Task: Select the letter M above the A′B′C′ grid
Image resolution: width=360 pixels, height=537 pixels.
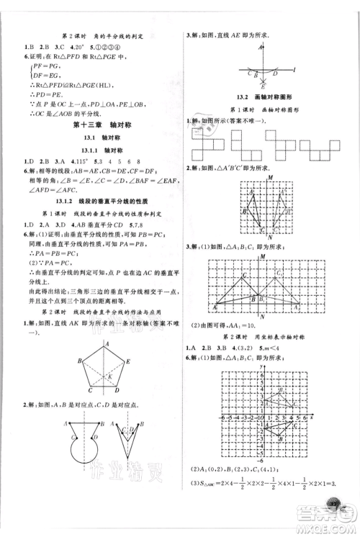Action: pyautogui.click(x=269, y=177)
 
